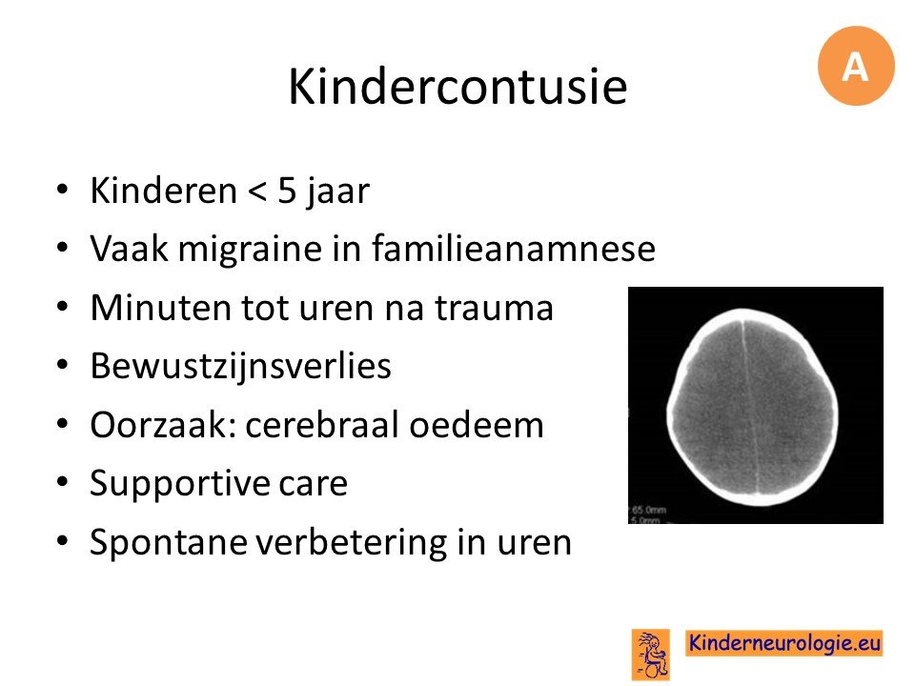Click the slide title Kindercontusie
(457, 87)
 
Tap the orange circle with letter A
(856, 66)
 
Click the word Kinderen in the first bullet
(163, 191)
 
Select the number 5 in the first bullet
(287, 191)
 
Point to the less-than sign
(256, 192)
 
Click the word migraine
(251, 249)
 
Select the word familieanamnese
(514, 248)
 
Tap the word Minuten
(160, 308)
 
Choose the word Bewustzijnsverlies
(240, 366)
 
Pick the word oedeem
(477, 424)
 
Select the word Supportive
(180, 484)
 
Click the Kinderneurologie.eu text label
(783, 643)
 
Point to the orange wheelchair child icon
(651, 654)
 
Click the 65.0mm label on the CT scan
(648, 510)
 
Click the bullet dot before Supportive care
(63, 483)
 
